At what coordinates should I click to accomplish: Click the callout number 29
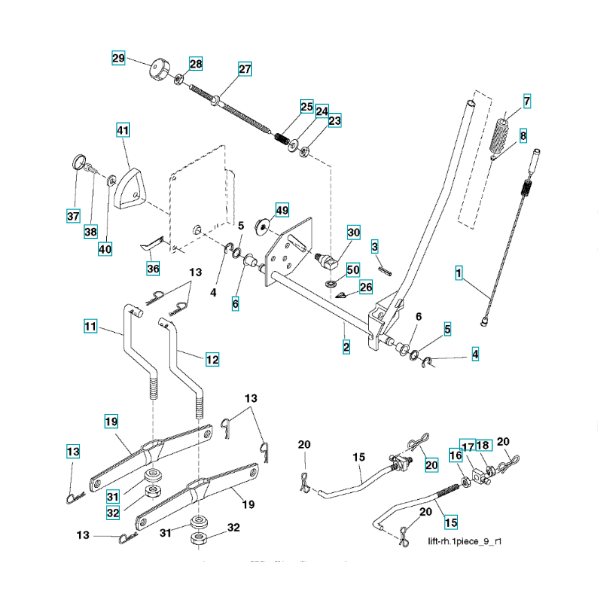[x=118, y=58]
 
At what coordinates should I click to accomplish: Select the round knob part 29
[x=158, y=69]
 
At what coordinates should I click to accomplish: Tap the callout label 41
[x=123, y=130]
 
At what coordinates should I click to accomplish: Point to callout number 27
[x=245, y=69]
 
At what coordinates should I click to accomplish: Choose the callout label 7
[x=527, y=101]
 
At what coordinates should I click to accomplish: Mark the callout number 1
[x=459, y=272]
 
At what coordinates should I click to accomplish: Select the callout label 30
[x=354, y=232]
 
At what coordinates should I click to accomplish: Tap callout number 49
[x=282, y=210]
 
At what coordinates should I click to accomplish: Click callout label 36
[x=153, y=268]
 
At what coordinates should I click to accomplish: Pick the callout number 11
[x=90, y=326]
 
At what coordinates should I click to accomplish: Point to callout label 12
[x=212, y=359]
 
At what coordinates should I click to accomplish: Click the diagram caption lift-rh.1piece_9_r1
[x=464, y=541]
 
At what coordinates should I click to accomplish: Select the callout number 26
[x=366, y=287]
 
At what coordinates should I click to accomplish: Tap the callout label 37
[x=73, y=216]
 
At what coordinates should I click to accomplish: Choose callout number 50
[x=353, y=270]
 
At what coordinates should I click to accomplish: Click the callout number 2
[x=346, y=347]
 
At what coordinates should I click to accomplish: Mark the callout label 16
[x=456, y=455]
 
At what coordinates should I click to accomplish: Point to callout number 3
[x=375, y=246]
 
